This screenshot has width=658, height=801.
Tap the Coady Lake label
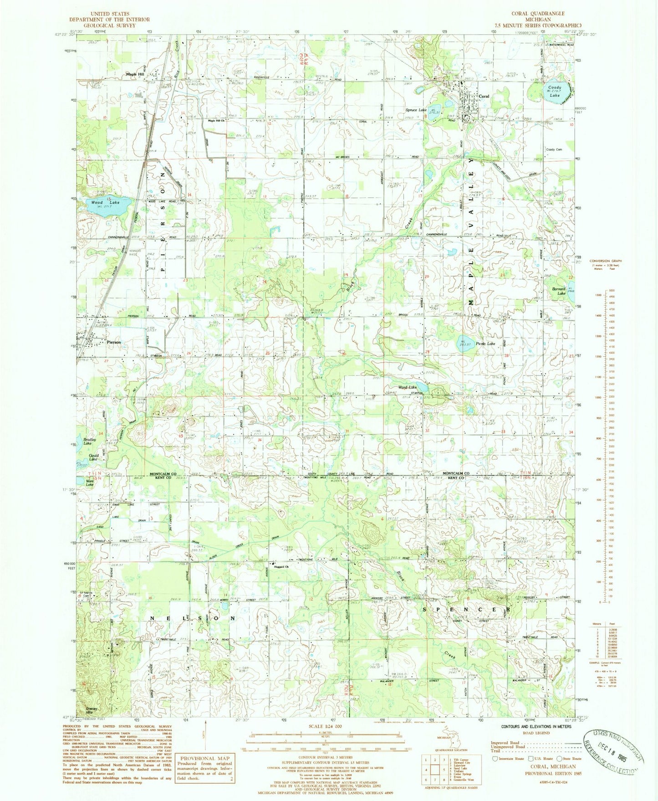pos(554,91)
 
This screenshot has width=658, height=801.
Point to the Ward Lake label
pos(407,388)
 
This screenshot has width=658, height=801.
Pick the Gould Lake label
pos(93,457)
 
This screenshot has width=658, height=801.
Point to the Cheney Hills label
pos(92,710)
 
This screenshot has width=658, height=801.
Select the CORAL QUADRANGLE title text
pos(538,14)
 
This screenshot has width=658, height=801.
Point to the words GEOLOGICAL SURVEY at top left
pos(109,26)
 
